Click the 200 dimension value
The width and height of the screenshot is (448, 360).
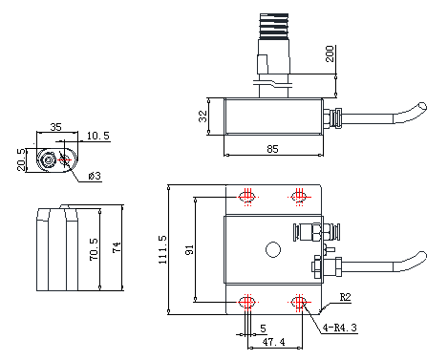(x=330, y=53)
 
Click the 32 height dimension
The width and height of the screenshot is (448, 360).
(x=203, y=116)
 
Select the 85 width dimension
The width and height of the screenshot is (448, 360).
(x=272, y=149)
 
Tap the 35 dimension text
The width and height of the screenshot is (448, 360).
(x=55, y=127)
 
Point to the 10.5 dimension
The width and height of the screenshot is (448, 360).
(x=98, y=136)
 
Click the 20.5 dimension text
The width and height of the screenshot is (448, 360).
(x=21, y=159)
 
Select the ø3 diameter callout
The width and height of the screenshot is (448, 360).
(x=95, y=176)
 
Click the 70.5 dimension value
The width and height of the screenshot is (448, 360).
(x=94, y=249)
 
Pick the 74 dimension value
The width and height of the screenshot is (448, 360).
(x=117, y=247)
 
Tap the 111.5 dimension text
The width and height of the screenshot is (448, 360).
(x=162, y=250)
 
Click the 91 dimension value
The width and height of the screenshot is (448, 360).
(x=189, y=249)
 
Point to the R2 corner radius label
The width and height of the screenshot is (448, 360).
(x=345, y=297)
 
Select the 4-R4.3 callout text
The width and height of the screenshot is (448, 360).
(x=340, y=328)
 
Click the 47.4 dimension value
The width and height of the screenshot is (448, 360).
(x=273, y=342)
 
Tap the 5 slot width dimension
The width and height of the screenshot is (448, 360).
(x=263, y=328)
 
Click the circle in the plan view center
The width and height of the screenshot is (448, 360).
(x=273, y=249)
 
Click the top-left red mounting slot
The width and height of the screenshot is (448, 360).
(x=247, y=197)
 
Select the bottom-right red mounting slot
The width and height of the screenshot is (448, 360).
(x=299, y=302)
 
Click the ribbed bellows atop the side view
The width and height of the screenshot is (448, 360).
(x=274, y=26)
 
